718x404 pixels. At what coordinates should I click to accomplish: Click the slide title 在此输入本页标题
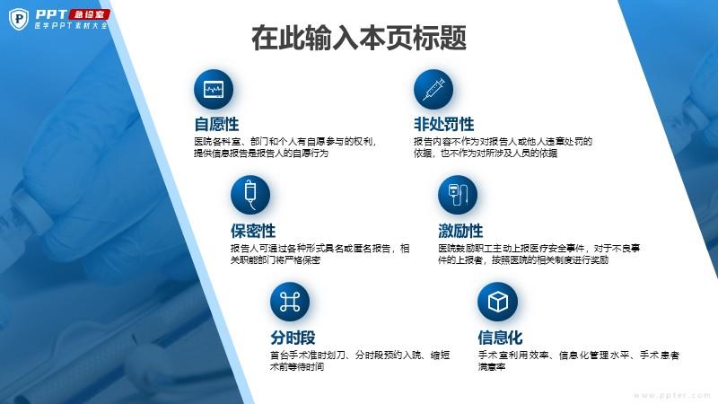(359, 38)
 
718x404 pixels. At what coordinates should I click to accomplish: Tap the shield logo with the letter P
(19, 19)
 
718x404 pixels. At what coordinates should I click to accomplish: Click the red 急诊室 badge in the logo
(89, 14)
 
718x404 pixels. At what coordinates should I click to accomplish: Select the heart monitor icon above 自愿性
(214, 89)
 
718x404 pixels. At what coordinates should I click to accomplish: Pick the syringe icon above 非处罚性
(433, 89)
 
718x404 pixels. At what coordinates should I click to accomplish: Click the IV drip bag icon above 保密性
(250, 195)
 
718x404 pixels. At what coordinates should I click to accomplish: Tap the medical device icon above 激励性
(458, 195)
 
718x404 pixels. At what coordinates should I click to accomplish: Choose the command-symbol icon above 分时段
(290, 302)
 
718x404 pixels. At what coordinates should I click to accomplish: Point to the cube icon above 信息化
(498, 302)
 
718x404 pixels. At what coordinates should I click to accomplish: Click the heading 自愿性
(216, 124)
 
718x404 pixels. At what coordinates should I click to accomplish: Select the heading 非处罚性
(443, 124)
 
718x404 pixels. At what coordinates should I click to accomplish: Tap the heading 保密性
(253, 231)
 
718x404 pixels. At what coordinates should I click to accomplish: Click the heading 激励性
(460, 231)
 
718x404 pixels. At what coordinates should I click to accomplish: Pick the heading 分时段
(293, 338)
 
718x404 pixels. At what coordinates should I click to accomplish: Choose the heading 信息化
(500, 338)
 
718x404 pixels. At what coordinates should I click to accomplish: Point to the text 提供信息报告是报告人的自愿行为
(261, 153)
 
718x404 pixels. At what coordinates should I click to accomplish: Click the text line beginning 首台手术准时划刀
(360, 355)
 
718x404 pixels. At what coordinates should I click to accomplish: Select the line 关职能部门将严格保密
(276, 260)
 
